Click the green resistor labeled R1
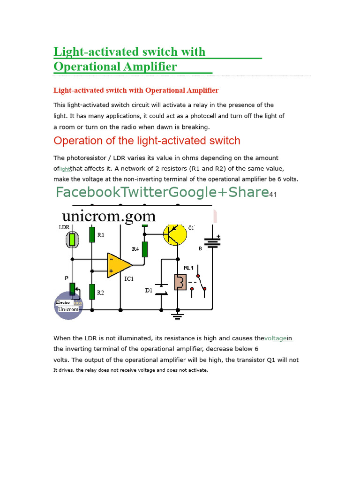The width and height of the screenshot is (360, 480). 92,235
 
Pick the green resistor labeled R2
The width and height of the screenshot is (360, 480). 92,292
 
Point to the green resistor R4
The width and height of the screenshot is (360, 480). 145,249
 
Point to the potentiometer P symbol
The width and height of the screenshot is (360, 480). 73,290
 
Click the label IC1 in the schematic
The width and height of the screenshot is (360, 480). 129,279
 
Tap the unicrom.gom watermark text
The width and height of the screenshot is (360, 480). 108,216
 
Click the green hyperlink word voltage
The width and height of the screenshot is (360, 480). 275,338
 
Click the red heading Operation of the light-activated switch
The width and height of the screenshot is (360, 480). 147,141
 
